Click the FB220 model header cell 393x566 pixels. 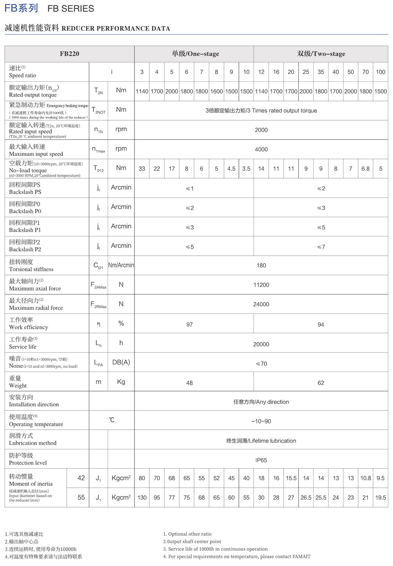[70, 54]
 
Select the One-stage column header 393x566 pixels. [195, 54]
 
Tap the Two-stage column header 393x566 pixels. [321, 54]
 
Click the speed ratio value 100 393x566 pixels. [380, 72]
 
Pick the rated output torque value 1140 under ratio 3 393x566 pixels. [142, 92]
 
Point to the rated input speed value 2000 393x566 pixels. [261, 130]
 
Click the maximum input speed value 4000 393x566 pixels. [261, 149]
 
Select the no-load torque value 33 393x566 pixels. [142, 169]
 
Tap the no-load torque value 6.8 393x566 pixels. [365, 169]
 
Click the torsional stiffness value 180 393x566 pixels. [261, 266]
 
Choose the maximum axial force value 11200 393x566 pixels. [261, 285]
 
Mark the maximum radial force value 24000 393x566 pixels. [261, 304]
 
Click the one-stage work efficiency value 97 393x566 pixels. [189, 324]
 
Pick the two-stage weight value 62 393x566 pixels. [321, 383]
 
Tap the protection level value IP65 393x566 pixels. [261, 460]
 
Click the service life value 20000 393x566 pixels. [261, 344]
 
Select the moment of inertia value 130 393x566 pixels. [142, 498]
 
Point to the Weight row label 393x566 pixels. [18, 382]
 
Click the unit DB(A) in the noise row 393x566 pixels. [121, 362]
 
